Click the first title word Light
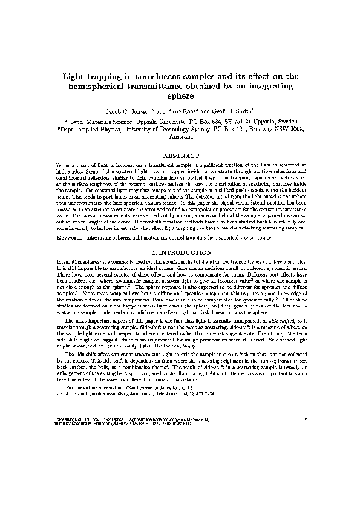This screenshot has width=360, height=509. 77,77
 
